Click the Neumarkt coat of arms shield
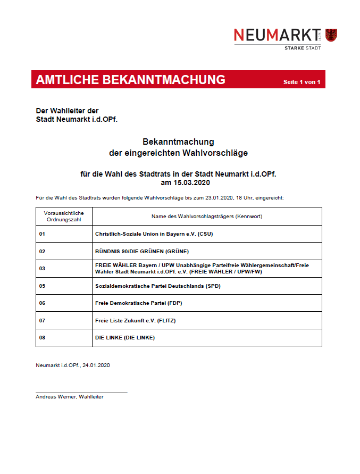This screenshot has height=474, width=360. [332, 35]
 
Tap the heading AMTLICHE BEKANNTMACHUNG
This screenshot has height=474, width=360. [130, 80]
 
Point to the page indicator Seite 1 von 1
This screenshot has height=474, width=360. [302, 82]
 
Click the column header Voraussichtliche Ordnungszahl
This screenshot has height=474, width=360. [60, 216]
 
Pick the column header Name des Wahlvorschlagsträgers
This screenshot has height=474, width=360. [207, 216]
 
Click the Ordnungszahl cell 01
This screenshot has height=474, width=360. [42, 234]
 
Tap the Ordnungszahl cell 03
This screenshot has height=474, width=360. [42, 269]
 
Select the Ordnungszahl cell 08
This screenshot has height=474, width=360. [42, 338]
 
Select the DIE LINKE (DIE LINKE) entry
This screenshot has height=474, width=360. [124, 338]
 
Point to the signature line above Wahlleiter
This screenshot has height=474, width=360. [81, 393]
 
